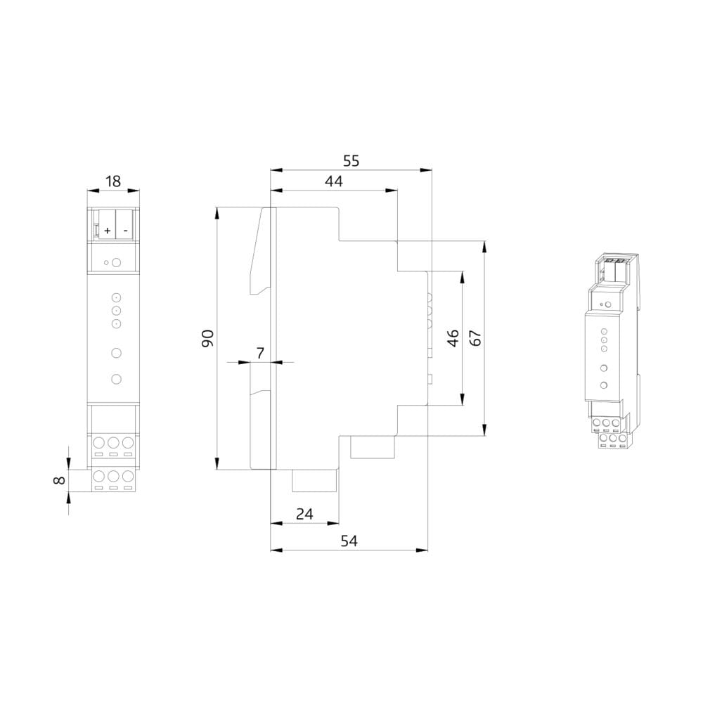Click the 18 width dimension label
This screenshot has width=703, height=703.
pos(113,181)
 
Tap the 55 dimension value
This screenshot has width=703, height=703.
pos(351,160)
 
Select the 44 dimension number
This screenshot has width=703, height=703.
pos(334,181)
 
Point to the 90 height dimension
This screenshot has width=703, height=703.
pos(207,338)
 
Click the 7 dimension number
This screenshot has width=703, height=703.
pos(261,353)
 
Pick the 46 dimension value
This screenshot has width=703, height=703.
pos(453,338)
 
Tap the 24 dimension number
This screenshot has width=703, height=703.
pos(304,514)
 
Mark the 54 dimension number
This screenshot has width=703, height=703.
pos(349,541)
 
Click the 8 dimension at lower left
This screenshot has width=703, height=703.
pos(59,480)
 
